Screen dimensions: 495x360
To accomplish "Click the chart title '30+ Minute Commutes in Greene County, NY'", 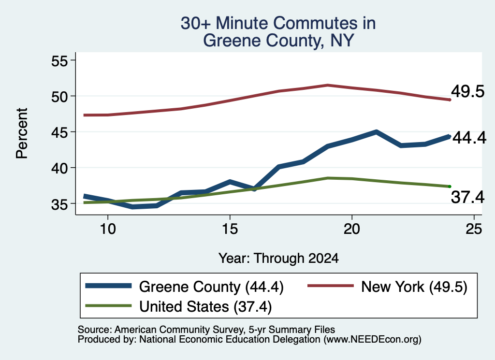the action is coord(278,31).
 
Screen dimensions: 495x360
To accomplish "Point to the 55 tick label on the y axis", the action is coord(59,60).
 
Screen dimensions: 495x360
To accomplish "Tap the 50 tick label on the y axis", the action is coord(59,96).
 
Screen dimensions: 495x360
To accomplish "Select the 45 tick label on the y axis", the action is coord(59,132).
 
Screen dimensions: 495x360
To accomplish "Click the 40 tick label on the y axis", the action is coord(59,168).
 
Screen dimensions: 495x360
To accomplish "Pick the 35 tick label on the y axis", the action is coord(59,204).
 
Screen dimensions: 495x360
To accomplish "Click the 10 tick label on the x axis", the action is coord(108,229).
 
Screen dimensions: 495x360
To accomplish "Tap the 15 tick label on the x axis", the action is coord(230,229).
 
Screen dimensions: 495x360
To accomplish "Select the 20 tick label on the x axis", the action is coord(352,229).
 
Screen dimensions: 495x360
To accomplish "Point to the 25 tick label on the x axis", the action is coord(474,229).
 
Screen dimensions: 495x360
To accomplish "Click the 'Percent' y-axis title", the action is coord(22,133).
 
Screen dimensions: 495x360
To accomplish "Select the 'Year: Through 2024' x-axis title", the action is coord(278,258).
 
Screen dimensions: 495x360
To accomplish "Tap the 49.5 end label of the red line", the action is coord(467,91).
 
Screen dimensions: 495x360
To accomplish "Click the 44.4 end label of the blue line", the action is coord(469,138).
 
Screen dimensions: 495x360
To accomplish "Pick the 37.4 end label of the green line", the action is coord(467,197).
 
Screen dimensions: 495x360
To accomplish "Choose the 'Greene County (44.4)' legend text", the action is coord(211,287).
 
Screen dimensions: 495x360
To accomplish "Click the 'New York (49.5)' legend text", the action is coord(414,287).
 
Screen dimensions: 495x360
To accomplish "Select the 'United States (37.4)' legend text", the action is coord(205,307).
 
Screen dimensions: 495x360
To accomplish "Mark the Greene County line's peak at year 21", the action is coord(376,132).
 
